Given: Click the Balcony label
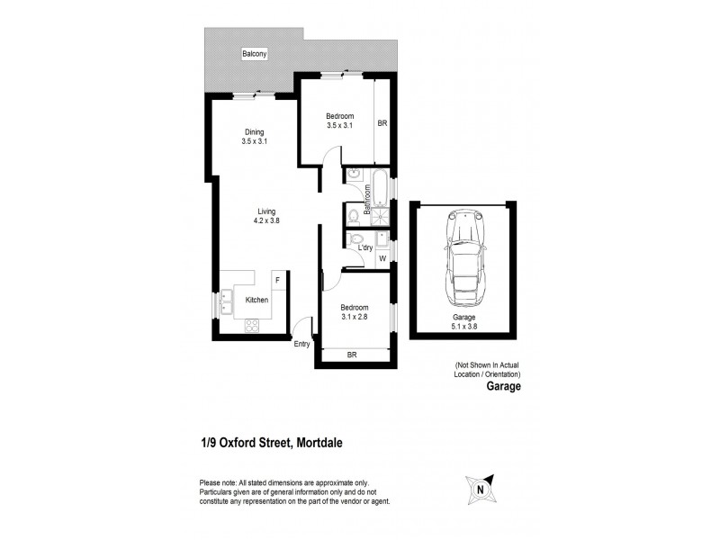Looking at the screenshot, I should tap(255, 55).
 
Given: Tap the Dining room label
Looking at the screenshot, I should tap(255, 131).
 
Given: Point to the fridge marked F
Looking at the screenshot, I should tap(277, 281).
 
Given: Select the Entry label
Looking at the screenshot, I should tap(301, 342).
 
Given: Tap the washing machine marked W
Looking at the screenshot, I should tap(382, 259).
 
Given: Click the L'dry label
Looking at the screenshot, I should tap(365, 247).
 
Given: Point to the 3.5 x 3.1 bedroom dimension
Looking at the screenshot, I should tap(340, 125).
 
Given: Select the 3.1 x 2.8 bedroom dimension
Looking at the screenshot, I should tap(354, 316).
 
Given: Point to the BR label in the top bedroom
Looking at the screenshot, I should tap(382, 123).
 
